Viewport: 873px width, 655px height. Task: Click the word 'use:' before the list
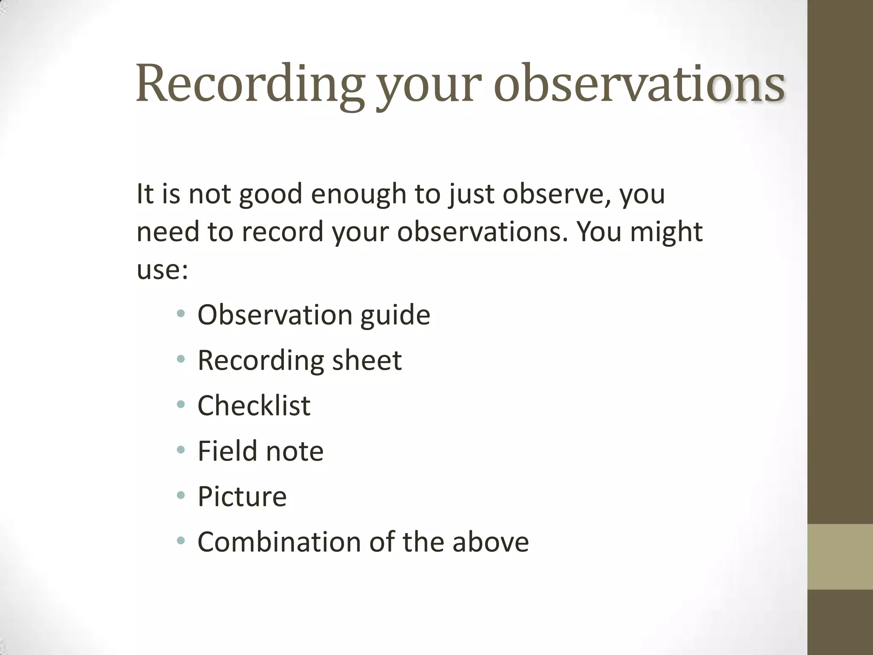pyautogui.click(x=162, y=270)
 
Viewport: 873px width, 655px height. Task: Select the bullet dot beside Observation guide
pyautogui.click(x=181, y=314)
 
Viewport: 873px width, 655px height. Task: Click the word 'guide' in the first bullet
pyautogui.click(x=395, y=316)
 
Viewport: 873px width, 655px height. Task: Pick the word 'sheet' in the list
pyautogui.click(x=367, y=360)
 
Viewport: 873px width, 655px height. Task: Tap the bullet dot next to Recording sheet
pyautogui.click(x=181, y=359)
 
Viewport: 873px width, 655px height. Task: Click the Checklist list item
pyautogui.click(x=254, y=406)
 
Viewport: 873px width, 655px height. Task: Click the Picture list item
pyautogui.click(x=242, y=497)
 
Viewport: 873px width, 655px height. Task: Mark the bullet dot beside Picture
pyautogui.click(x=181, y=496)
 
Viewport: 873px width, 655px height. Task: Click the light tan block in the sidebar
pyautogui.click(x=840, y=556)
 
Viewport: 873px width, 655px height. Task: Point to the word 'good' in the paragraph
pyautogui.click(x=271, y=195)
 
